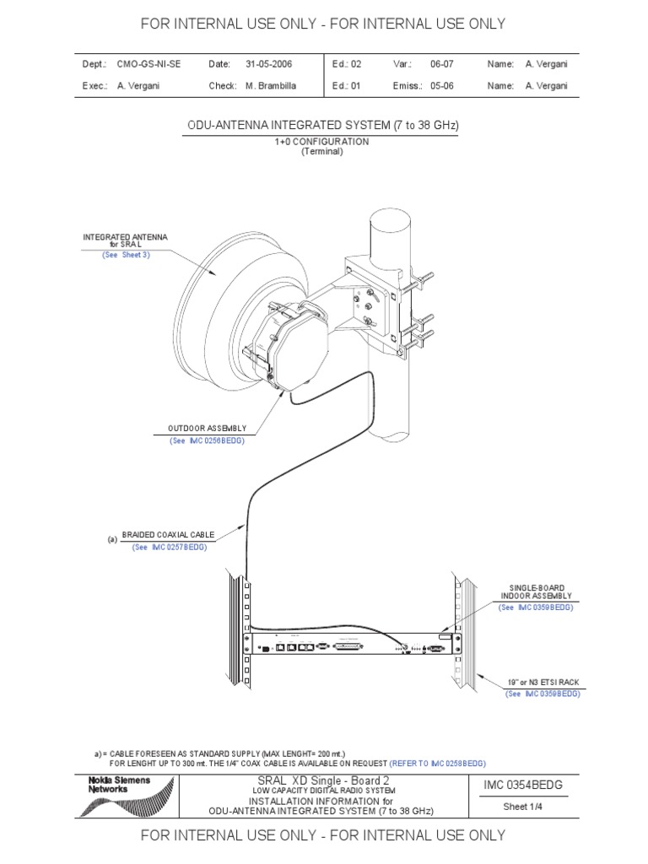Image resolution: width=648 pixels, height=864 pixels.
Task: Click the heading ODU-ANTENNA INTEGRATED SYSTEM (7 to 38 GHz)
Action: pos(322,126)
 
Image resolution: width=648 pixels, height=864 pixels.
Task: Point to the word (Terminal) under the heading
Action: pos(322,152)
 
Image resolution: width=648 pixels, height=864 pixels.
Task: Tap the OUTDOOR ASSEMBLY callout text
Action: pos(208,429)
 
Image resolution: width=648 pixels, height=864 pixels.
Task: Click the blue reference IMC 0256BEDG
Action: pos(216,441)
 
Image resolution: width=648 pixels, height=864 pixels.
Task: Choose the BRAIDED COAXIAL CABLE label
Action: pos(168,535)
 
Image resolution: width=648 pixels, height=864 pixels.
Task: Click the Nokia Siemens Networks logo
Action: pos(125,796)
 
